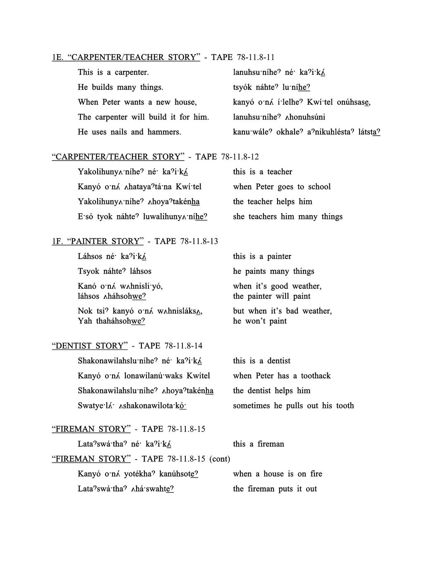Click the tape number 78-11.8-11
256,57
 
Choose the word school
319,187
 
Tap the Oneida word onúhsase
353,102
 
